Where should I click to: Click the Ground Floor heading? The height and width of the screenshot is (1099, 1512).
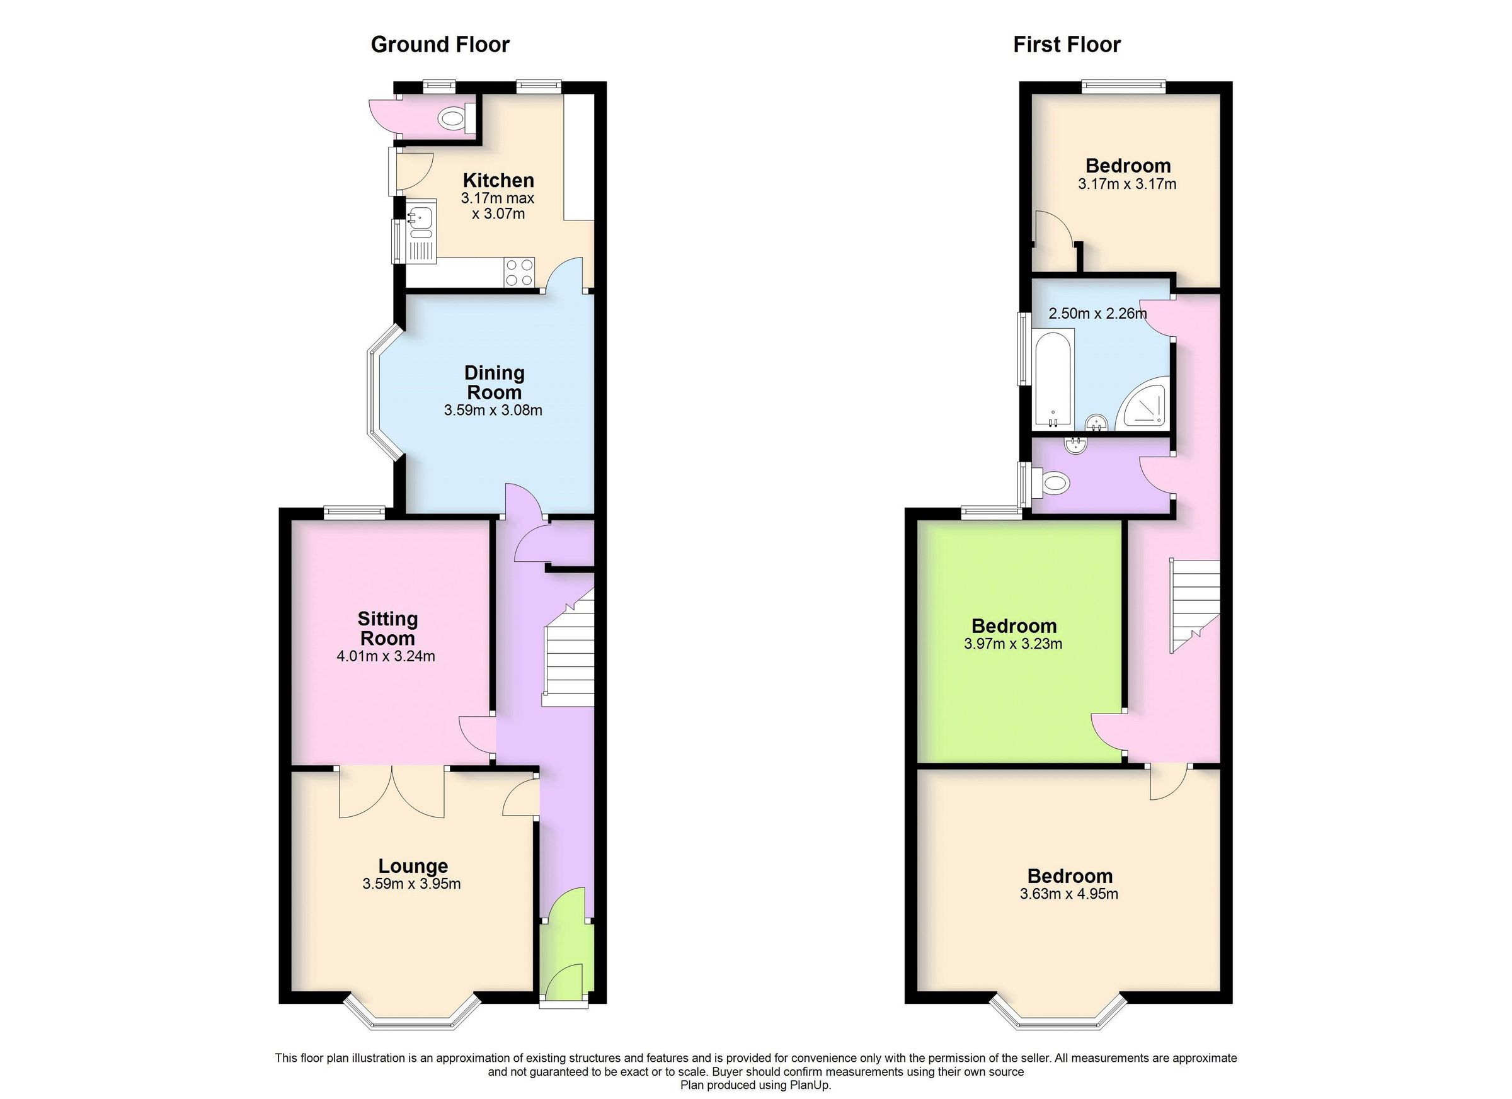440,45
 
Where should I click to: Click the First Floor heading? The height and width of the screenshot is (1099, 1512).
1067,45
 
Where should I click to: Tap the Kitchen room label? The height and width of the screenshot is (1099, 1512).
498,180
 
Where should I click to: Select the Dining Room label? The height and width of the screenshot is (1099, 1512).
494,382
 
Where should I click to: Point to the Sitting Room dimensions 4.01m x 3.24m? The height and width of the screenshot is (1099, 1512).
386,656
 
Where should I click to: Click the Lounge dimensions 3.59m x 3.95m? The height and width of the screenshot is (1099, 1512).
411,884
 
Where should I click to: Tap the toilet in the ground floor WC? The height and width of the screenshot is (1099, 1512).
452,118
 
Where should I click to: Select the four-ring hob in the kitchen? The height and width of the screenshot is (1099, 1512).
519,272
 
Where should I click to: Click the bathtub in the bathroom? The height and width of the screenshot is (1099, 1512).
1053,381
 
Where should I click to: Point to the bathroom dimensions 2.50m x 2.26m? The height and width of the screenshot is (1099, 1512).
1097,313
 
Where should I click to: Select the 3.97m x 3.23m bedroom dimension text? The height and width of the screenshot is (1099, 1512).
1013,644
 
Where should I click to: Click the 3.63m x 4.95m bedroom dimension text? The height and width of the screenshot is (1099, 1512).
1068,894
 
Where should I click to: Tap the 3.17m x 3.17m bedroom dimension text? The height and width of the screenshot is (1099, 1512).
1126,184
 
